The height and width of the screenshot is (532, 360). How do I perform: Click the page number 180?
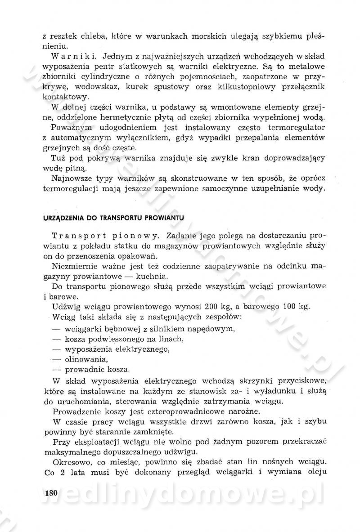(52, 493)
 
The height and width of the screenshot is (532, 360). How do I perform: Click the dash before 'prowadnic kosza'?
(57, 370)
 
